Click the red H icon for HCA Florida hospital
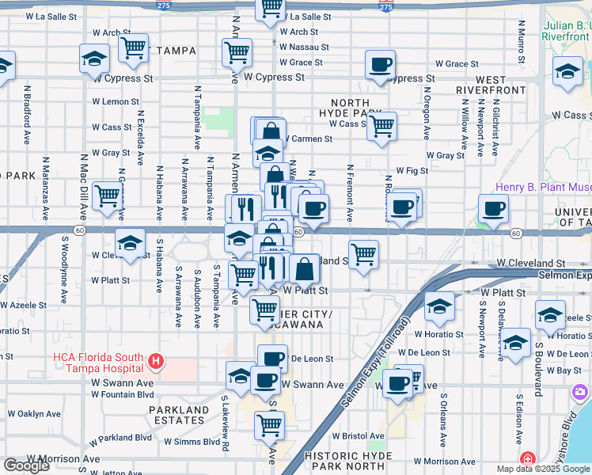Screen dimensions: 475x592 point(156,363)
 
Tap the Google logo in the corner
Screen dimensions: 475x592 point(26,465)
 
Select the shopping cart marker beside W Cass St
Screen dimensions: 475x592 point(382,125)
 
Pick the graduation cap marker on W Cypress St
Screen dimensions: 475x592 point(94,58)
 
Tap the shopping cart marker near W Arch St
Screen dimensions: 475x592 point(133,48)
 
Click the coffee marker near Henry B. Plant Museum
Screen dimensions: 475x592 point(494,209)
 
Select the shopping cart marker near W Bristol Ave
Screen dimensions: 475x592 point(269,425)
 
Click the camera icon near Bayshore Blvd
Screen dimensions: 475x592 point(581,392)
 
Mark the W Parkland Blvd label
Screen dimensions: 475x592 point(120,437)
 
